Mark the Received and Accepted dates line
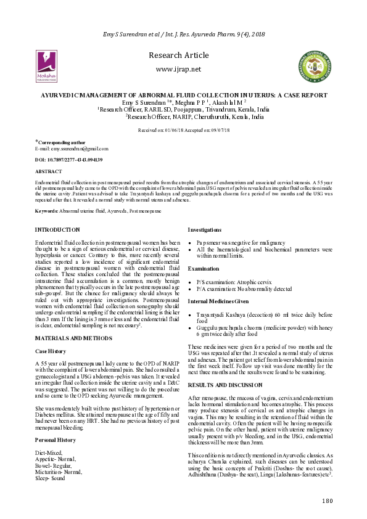pos(183,131)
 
